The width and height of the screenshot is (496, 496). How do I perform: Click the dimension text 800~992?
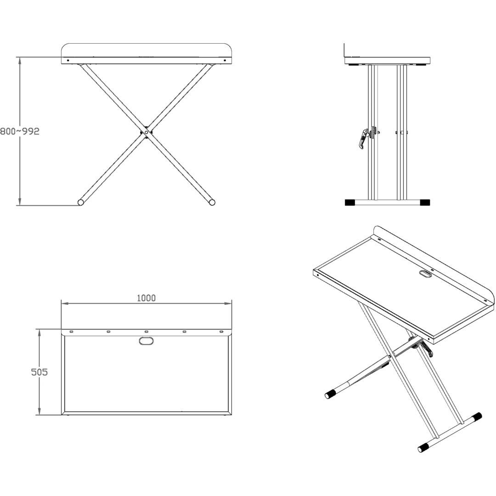[x=20, y=131]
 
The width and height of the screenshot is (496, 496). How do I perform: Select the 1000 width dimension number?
[x=146, y=298]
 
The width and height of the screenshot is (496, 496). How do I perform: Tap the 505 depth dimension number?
[x=39, y=372]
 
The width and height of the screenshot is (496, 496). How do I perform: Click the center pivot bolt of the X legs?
[x=146, y=133]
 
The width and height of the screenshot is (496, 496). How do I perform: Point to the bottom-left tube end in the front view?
[x=81, y=203]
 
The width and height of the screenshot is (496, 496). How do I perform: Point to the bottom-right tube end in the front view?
[x=212, y=202]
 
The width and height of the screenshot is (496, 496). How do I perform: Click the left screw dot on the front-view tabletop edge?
[x=68, y=60]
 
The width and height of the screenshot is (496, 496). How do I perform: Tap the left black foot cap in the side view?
[x=349, y=203]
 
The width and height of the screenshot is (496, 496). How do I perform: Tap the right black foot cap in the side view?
[x=425, y=203]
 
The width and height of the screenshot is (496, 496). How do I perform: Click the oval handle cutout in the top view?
[x=146, y=341]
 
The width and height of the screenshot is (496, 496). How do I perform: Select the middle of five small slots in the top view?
[x=146, y=332]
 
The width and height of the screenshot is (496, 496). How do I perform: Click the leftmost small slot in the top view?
[x=71, y=332]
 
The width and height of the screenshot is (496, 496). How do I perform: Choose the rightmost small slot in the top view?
[x=221, y=332]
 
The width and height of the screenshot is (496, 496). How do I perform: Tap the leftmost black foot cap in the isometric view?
[x=330, y=394]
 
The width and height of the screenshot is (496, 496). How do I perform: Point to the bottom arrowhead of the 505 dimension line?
[x=39, y=411]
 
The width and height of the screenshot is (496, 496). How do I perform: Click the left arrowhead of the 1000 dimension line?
[x=65, y=304]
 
